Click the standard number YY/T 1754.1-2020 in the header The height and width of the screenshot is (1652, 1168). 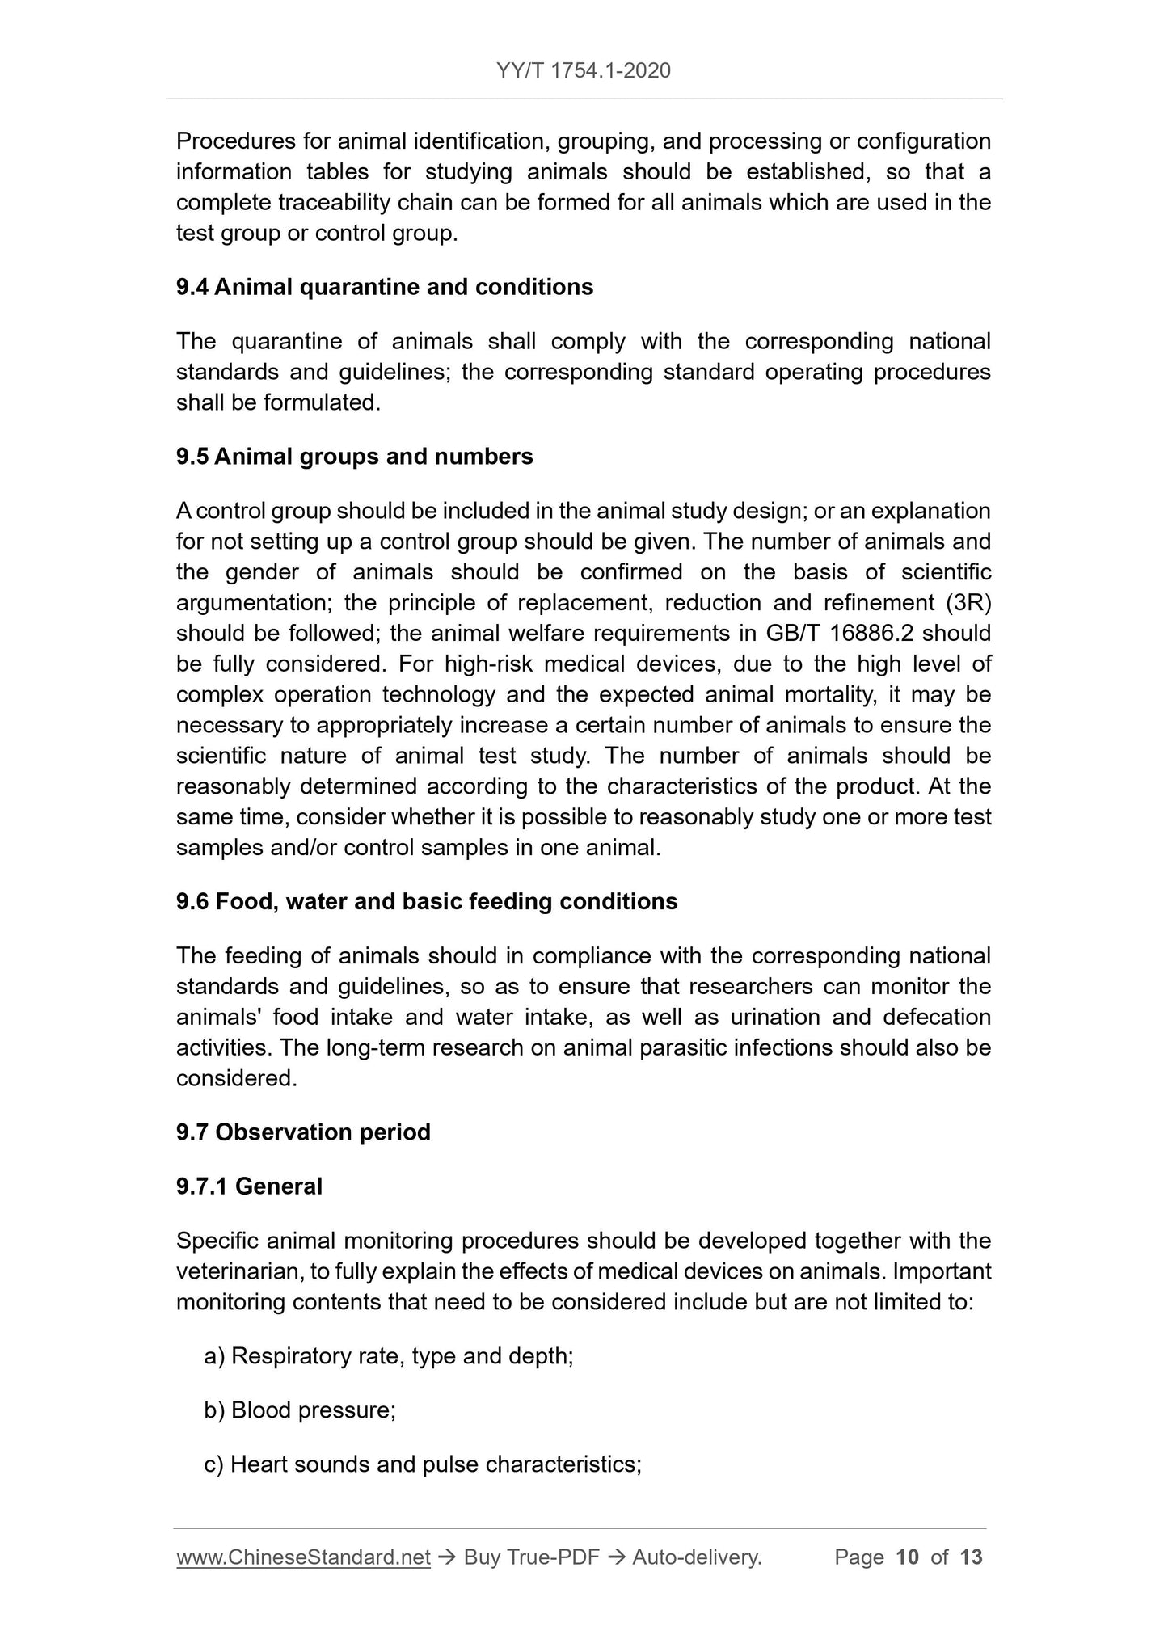pos(584,71)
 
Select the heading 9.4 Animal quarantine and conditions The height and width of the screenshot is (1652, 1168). pos(385,287)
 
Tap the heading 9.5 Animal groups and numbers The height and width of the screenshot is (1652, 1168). pos(355,457)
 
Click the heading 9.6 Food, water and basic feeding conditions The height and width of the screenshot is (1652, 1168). pos(427,901)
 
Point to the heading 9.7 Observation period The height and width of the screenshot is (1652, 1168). pos(303,1132)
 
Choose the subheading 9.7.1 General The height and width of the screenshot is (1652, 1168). pos(249,1186)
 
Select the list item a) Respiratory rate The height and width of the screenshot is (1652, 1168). pos(389,1355)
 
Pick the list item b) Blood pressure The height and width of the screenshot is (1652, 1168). pos(300,1410)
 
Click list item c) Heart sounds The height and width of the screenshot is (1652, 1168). pos(423,1464)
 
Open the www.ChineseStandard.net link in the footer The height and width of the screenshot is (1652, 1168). pos(303,1557)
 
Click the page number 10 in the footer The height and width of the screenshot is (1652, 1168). pos(908,1557)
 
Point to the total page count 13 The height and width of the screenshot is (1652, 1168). pos(971,1557)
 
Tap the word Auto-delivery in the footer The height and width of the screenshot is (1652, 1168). pos(696,1557)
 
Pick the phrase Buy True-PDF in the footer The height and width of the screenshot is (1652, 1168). pos(531,1557)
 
